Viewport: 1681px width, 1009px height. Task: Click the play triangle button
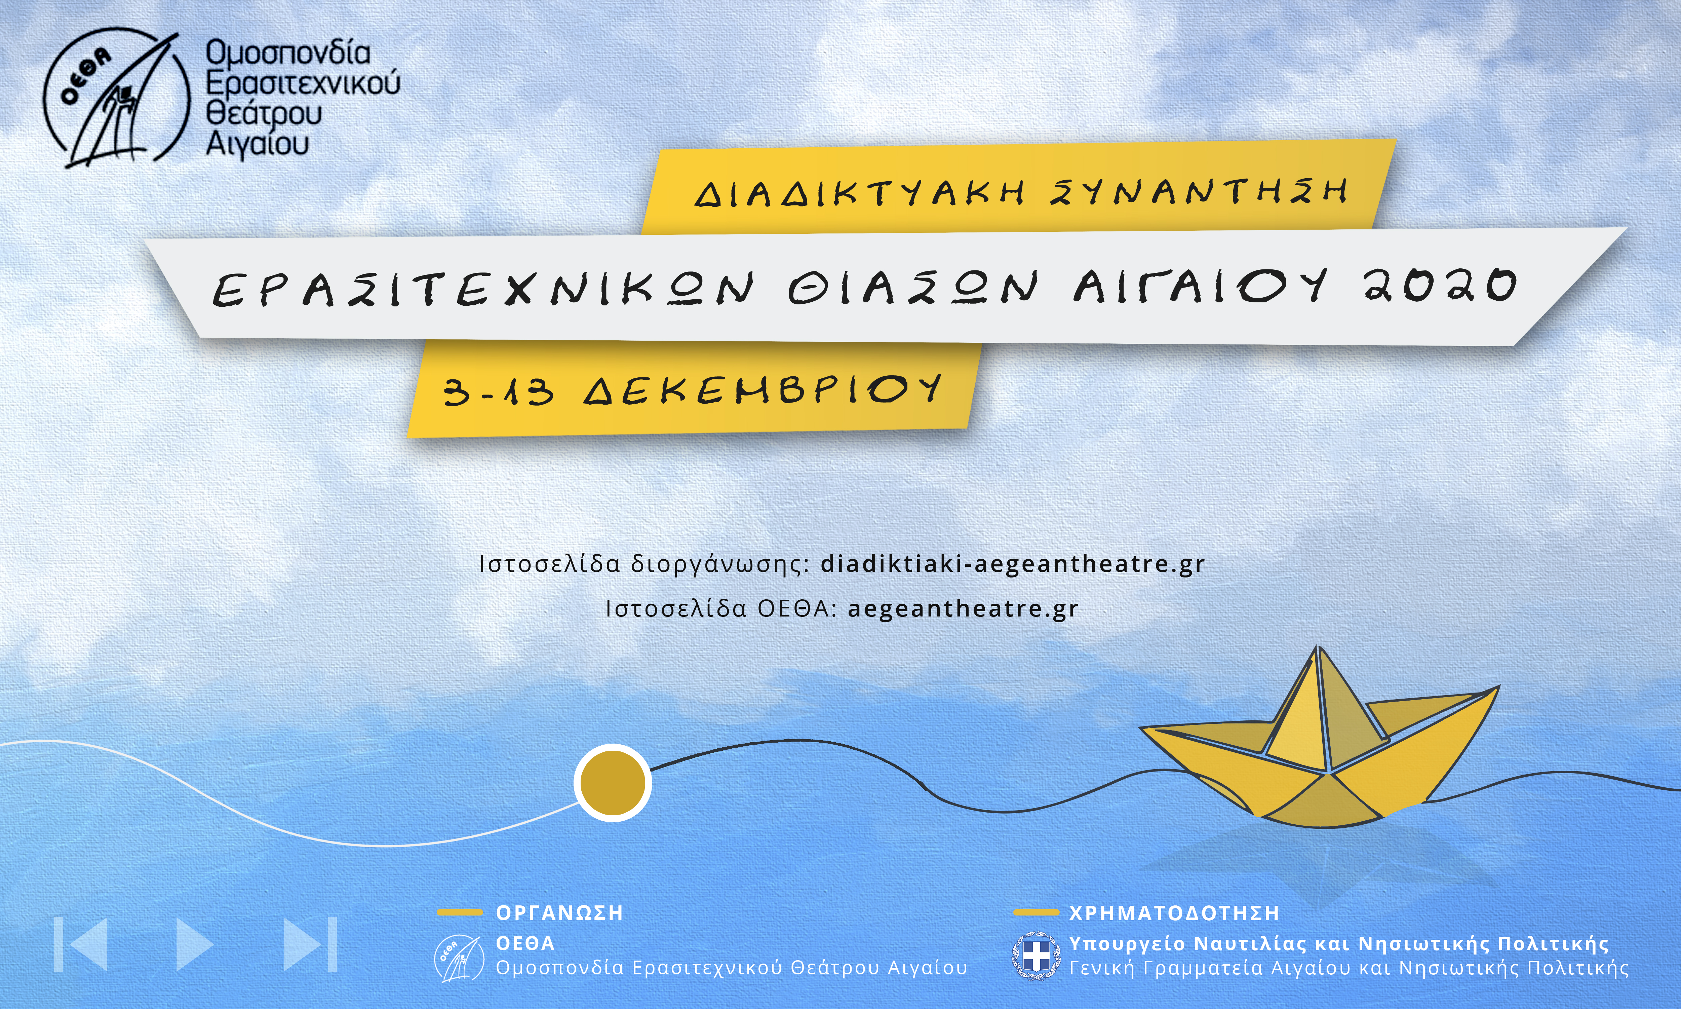click(194, 944)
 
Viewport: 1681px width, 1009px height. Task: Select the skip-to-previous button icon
click(80, 944)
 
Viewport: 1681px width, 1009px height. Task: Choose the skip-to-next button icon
click(310, 944)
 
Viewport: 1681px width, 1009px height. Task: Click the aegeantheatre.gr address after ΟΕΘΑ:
click(963, 609)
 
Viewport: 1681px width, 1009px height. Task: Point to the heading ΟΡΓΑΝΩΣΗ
click(559, 912)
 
